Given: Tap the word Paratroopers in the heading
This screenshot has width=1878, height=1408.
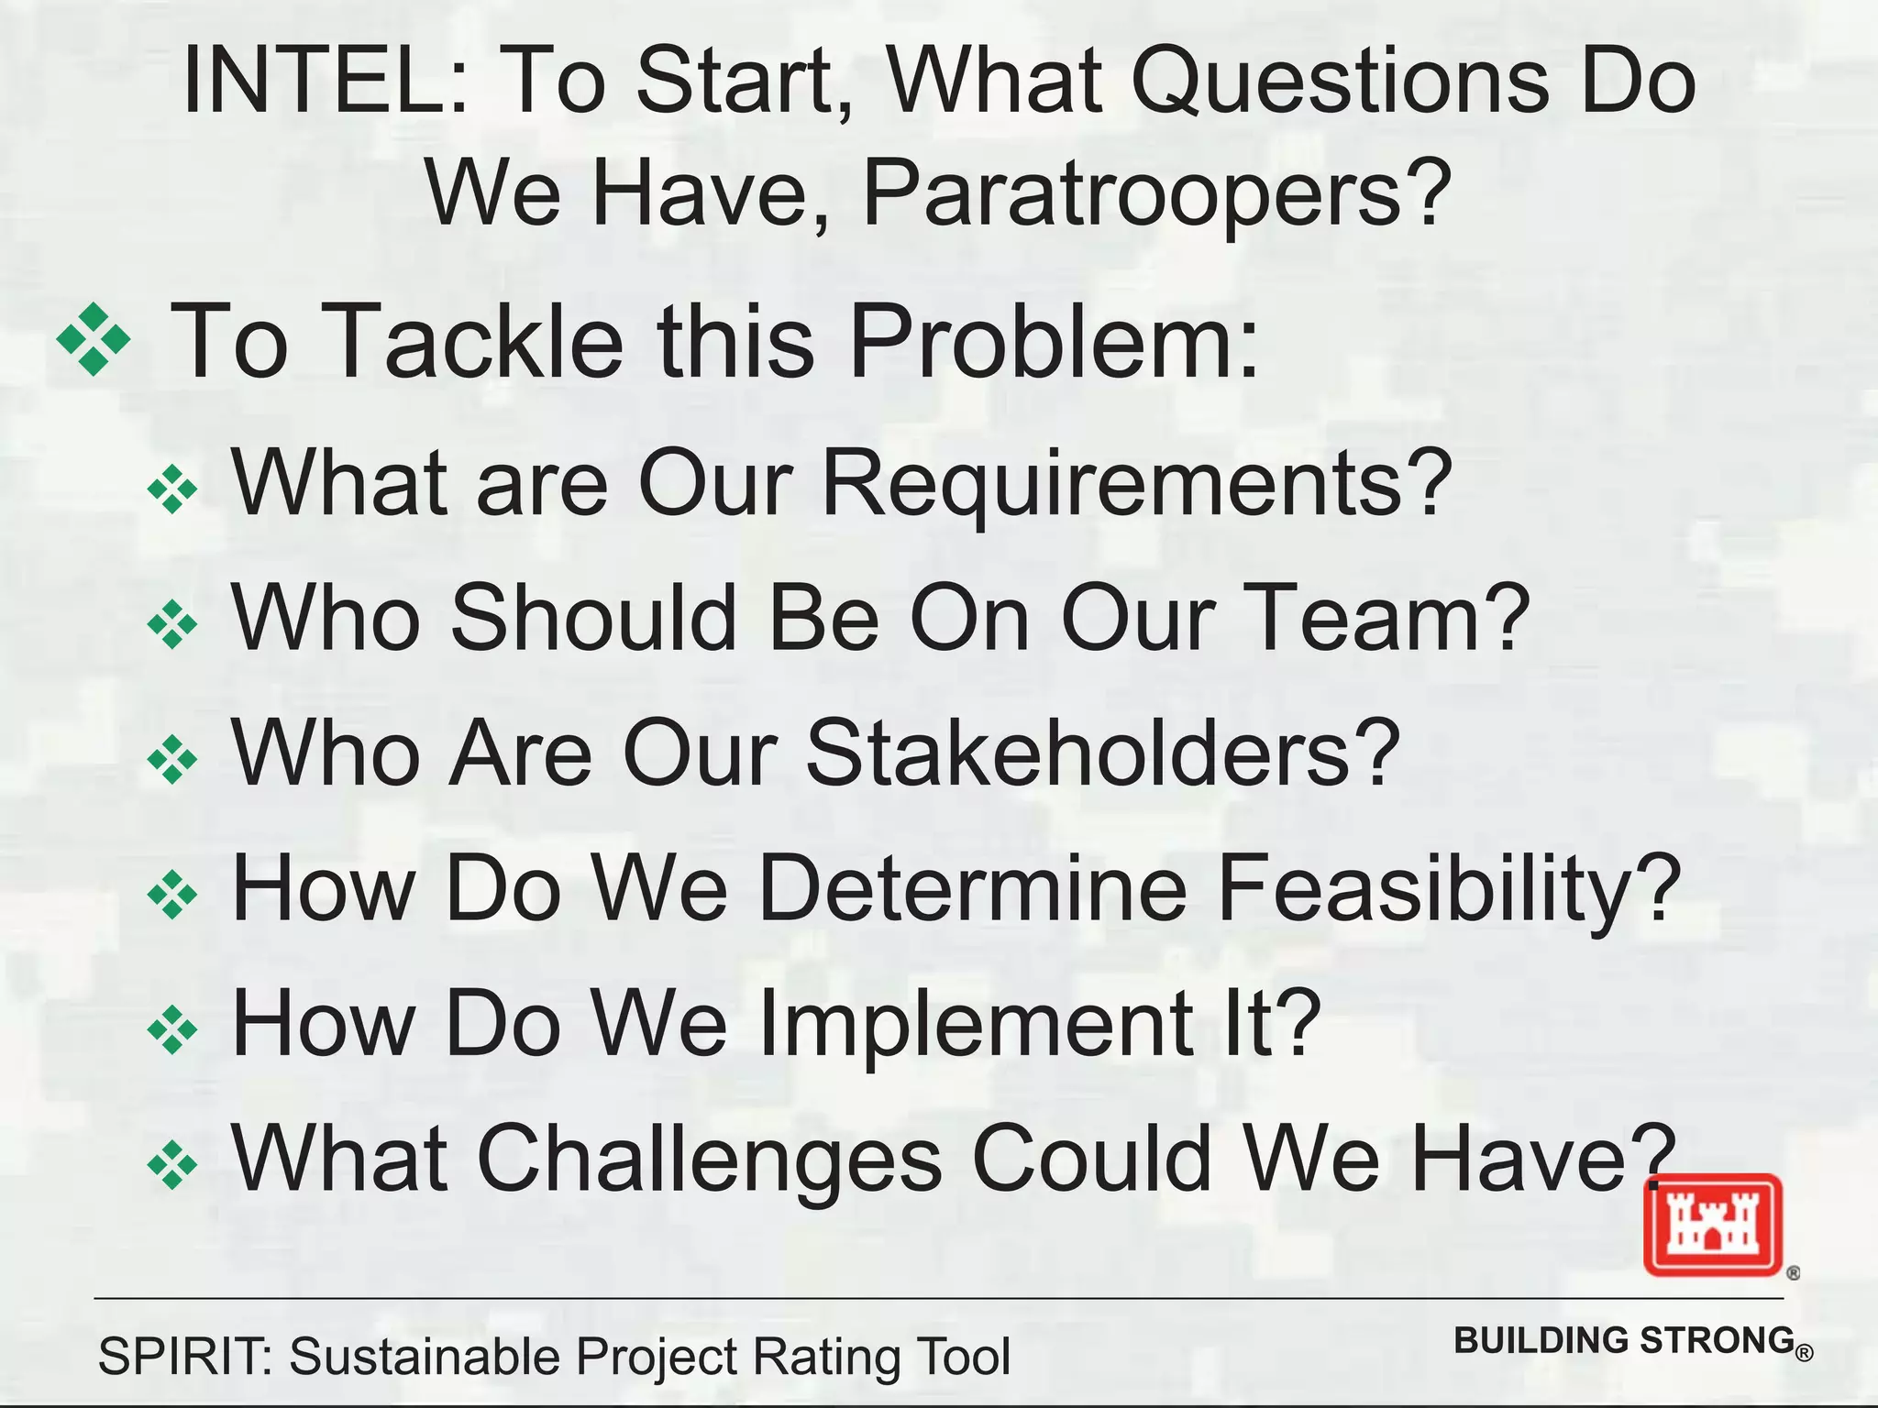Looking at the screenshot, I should [x=1157, y=192].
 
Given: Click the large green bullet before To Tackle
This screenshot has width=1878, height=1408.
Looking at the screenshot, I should [x=94, y=340].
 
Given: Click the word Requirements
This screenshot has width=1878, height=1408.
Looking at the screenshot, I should [x=1137, y=483].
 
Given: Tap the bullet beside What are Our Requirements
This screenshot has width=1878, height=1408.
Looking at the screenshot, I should [x=172, y=489].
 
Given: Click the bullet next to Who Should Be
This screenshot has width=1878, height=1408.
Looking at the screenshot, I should [x=172, y=625].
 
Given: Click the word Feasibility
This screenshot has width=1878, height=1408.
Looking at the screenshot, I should [x=1449, y=888].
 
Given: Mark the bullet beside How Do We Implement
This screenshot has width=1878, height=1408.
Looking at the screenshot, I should [x=172, y=1030].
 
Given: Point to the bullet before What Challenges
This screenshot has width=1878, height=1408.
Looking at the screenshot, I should [x=172, y=1165].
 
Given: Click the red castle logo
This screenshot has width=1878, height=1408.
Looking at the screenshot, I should [x=1712, y=1225].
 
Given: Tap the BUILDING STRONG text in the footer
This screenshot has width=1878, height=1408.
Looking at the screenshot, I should [x=1624, y=1340].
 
